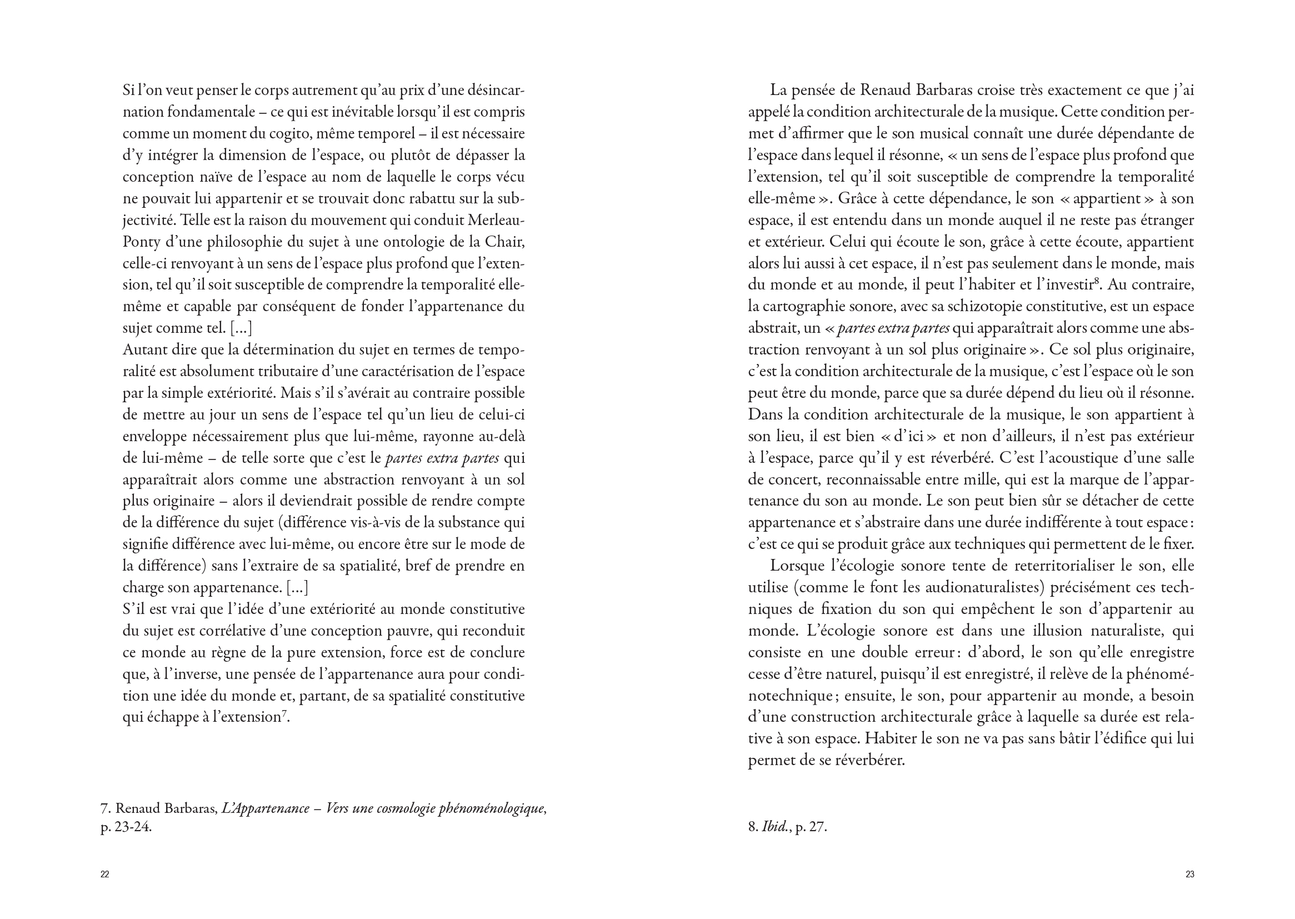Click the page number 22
pyautogui.click(x=104, y=875)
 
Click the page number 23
pyautogui.click(x=1190, y=875)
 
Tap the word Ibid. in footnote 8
pyautogui.click(x=775, y=827)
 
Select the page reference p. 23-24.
pyautogui.click(x=126, y=827)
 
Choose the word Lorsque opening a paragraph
pyautogui.click(x=798, y=566)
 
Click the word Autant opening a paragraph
pyautogui.click(x=143, y=349)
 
